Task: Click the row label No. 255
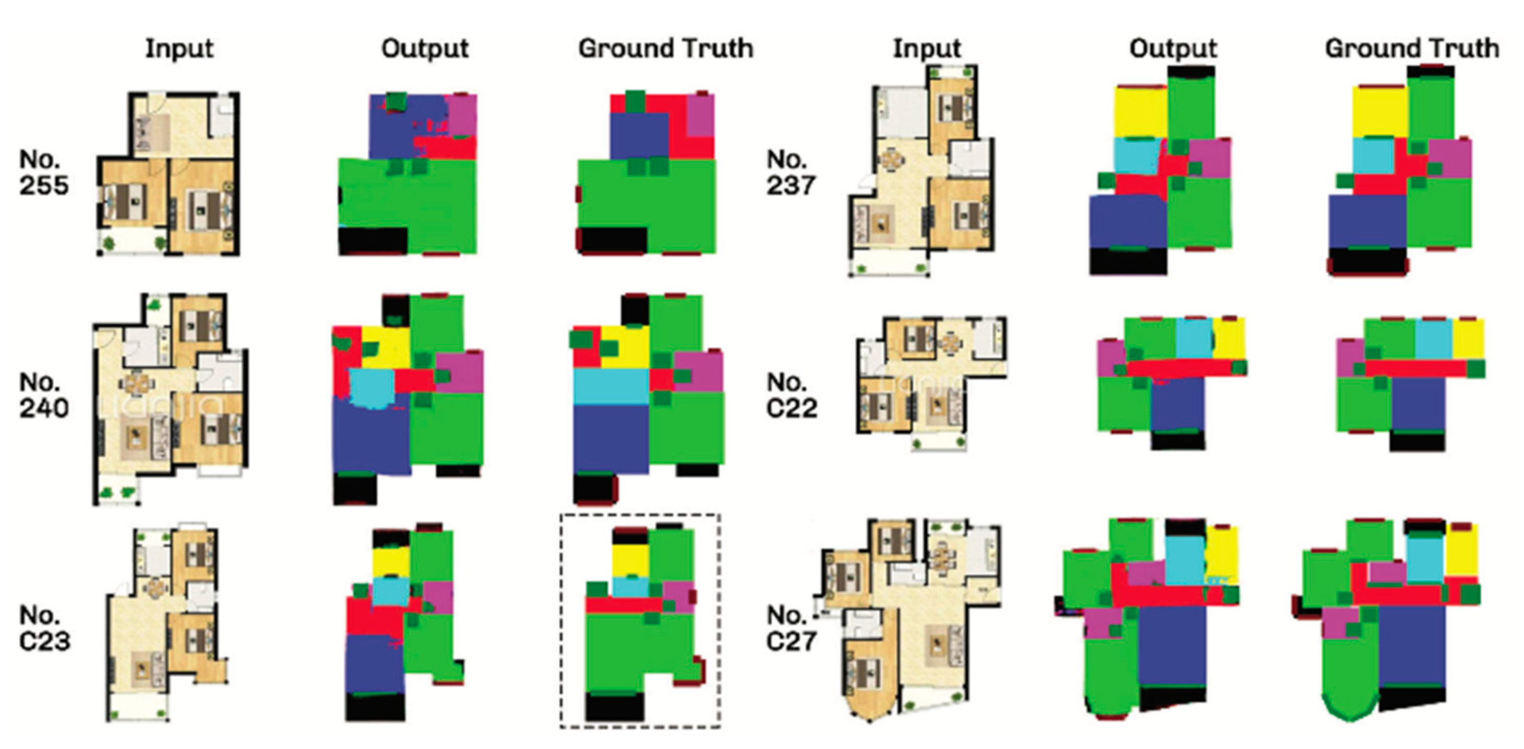(x=43, y=172)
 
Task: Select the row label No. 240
(x=43, y=395)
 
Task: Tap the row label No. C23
(x=44, y=628)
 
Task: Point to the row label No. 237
(x=791, y=172)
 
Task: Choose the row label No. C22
(x=792, y=395)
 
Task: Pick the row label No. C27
(x=792, y=628)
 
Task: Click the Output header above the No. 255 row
(x=425, y=49)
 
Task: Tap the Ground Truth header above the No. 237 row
(x=1411, y=49)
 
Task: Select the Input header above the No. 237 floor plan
(x=927, y=49)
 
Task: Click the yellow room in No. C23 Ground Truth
(x=630, y=560)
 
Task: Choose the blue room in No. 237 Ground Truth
(x=1367, y=221)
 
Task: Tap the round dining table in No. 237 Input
(x=890, y=159)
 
